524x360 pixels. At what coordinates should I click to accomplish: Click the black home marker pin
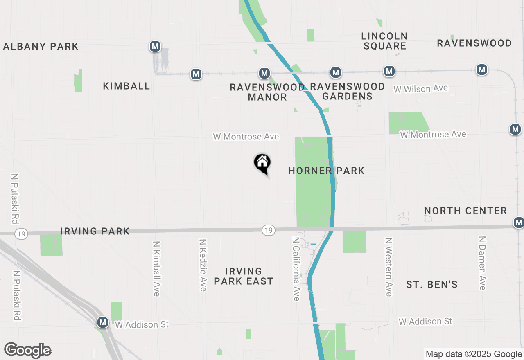262,163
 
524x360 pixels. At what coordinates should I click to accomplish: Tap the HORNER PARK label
326,171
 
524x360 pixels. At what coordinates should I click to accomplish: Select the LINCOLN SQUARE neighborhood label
384,41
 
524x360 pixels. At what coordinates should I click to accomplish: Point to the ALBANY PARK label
41,46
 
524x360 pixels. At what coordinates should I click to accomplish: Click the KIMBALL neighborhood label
126,86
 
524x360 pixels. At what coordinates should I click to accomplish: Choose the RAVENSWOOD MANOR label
267,92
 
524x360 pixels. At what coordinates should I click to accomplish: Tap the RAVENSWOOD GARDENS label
348,91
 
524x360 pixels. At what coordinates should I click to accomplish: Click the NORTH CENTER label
465,211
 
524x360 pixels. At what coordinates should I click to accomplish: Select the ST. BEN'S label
432,284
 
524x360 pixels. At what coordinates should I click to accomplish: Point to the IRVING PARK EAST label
244,276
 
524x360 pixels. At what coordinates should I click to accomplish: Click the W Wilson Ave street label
420,88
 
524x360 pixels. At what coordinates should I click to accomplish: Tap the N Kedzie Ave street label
203,265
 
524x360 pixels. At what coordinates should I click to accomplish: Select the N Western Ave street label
388,266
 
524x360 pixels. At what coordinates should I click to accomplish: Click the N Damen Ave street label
482,263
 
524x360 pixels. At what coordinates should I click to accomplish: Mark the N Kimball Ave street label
156,268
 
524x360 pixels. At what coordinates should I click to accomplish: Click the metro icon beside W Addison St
103,322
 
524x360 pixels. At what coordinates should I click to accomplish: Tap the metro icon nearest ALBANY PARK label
155,46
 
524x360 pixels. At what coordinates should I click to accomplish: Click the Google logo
28,350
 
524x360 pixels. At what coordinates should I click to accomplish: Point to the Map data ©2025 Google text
474,354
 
